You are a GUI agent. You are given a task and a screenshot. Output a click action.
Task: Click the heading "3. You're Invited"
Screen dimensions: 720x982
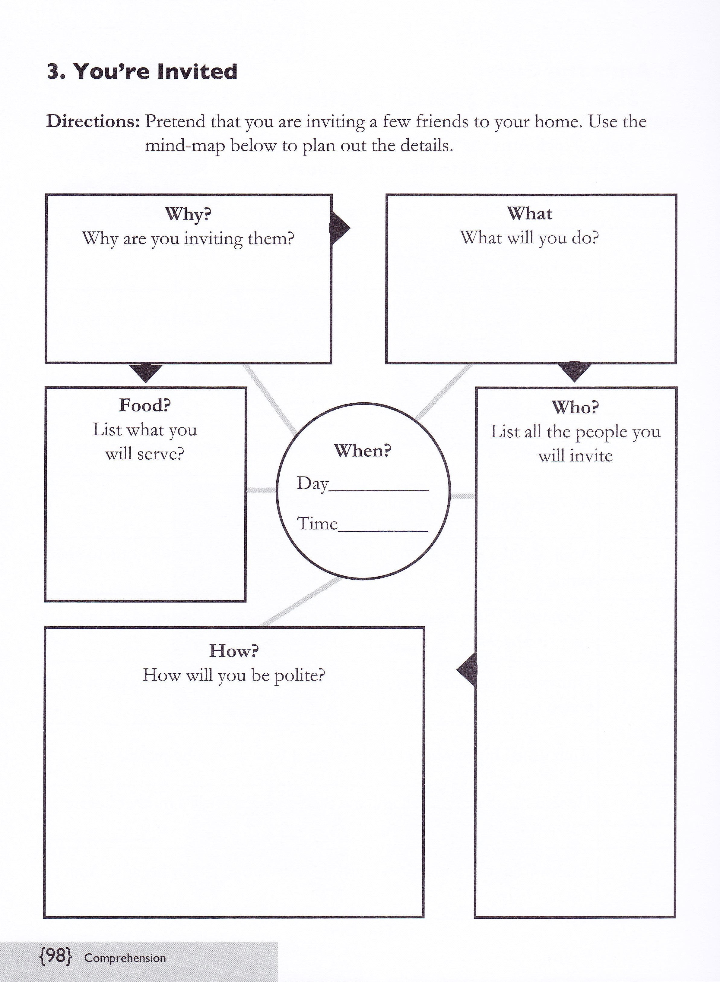pyautogui.click(x=142, y=71)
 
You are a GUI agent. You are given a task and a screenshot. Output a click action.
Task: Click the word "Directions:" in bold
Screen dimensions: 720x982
pyautogui.click(x=93, y=121)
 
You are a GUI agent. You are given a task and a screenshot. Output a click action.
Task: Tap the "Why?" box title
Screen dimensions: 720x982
pyautogui.click(x=188, y=214)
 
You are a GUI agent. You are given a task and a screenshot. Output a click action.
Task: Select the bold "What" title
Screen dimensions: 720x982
pyautogui.click(x=530, y=213)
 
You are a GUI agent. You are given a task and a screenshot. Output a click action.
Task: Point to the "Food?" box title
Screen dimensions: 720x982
pyautogui.click(x=145, y=405)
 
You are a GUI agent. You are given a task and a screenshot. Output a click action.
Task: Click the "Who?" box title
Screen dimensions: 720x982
pyautogui.click(x=575, y=407)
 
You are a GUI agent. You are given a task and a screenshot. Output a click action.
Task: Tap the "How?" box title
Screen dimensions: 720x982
pyautogui.click(x=234, y=651)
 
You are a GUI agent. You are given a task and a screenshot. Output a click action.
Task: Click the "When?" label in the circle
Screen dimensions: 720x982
pyautogui.click(x=363, y=450)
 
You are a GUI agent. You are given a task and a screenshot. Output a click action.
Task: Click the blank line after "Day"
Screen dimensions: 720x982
pyautogui.click(x=379, y=491)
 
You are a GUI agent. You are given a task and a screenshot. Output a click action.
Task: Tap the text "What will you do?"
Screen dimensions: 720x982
pyautogui.click(x=530, y=238)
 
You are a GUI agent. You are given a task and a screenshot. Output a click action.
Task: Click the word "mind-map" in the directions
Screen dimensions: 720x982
pyautogui.click(x=185, y=146)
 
